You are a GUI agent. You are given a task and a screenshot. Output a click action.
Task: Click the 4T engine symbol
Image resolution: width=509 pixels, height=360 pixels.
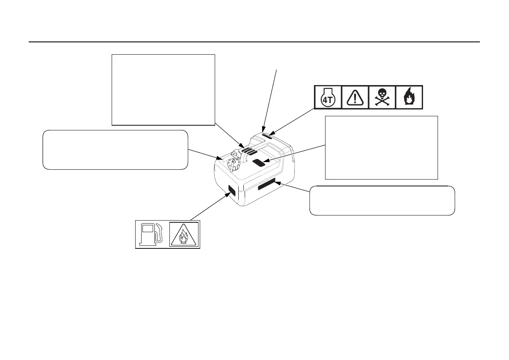coord(328,97)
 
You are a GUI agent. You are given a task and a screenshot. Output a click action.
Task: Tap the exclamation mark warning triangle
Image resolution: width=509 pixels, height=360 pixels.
coord(355,97)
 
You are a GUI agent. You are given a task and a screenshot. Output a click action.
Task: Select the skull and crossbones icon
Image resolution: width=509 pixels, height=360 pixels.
coord(382,97)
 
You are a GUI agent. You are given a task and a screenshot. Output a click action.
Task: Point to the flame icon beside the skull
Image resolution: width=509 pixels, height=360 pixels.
coord(409,97)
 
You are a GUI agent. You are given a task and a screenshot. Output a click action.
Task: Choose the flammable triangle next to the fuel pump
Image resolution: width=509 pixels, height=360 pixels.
coord(184,234)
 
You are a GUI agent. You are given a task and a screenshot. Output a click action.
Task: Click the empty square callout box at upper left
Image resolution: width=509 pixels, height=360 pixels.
coord(163,89)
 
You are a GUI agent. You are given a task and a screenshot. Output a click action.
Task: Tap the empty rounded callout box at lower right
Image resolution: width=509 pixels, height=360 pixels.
coord(382,200)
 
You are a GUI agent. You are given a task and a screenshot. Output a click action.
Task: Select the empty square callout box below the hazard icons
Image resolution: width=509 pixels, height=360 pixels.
coord(382,147)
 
